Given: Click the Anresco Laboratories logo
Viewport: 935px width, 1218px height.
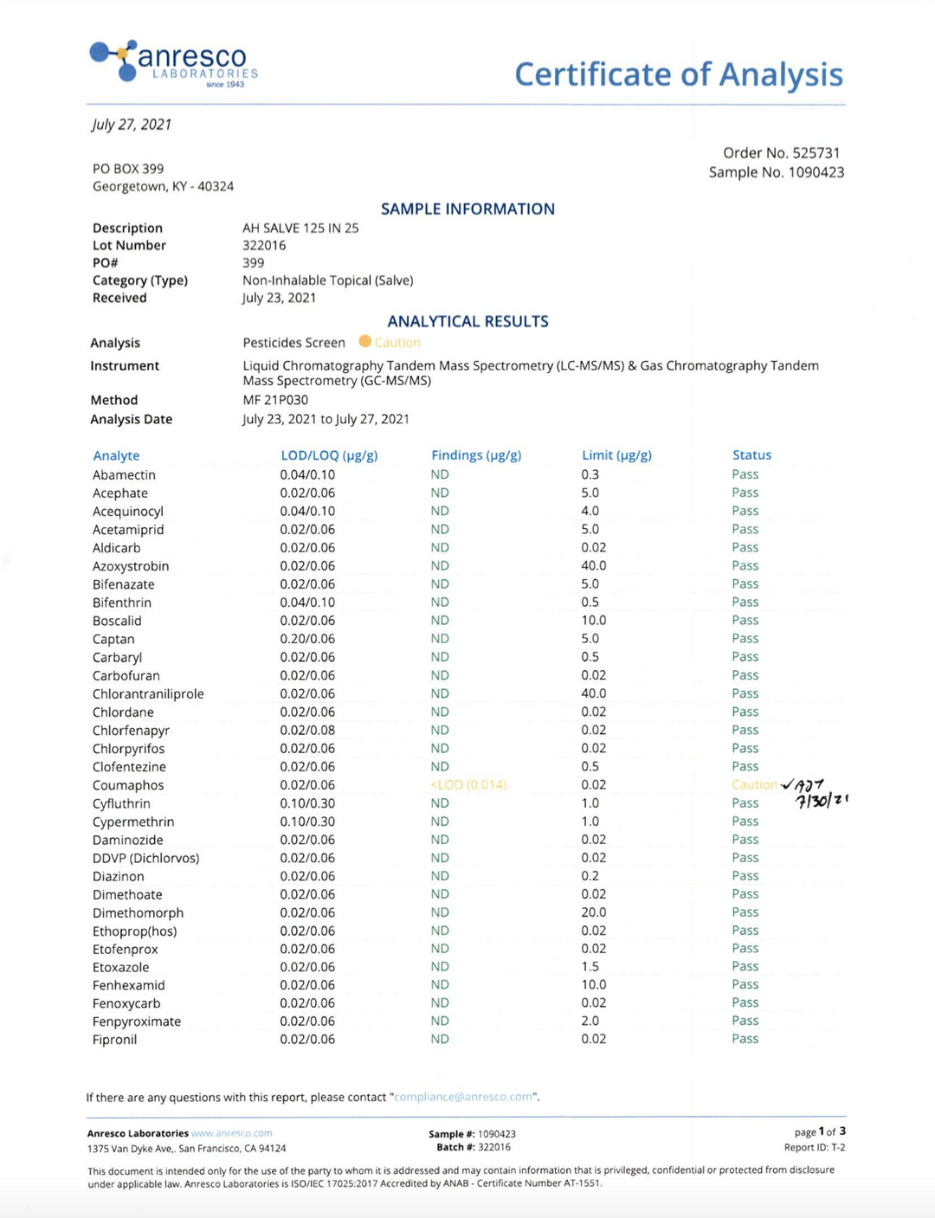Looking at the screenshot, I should click(173, 63).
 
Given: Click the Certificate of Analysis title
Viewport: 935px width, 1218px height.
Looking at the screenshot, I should click(678, 74).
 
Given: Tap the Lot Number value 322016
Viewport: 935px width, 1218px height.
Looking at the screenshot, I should click(264, 246).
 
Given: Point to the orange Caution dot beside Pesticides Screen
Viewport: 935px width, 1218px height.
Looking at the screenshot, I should click(364, 342).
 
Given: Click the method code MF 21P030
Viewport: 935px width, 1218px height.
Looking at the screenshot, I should click(275, 400).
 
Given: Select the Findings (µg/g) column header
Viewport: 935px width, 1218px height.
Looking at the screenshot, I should click(476, 455).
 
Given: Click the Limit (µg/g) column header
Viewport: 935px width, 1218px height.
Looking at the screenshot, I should click(616, 455).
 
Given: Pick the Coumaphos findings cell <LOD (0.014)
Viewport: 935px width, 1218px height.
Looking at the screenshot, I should click(468, 785).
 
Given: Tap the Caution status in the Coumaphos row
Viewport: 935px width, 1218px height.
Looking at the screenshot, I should click(754, 785).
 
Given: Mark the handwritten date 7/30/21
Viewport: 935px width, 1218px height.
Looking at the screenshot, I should click(822, 802).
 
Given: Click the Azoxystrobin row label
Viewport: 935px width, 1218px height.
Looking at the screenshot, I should click(131, 566).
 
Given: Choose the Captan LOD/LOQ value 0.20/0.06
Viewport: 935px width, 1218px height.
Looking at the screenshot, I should click(307, 639).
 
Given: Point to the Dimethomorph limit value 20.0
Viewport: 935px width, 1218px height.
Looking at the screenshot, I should click(594, 912).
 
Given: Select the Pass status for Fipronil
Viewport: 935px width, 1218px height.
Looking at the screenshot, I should click(745, 1039).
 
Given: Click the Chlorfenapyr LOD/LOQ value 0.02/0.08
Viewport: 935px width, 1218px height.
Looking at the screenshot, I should click(307, 731).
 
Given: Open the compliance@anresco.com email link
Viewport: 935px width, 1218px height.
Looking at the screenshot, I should click(463, 1097).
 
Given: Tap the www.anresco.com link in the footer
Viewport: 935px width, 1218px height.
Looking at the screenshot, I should click(231, 1133).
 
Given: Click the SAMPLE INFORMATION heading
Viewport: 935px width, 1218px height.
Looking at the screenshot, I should click(467, 209).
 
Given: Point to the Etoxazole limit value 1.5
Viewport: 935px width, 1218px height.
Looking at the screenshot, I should click(590, 967).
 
